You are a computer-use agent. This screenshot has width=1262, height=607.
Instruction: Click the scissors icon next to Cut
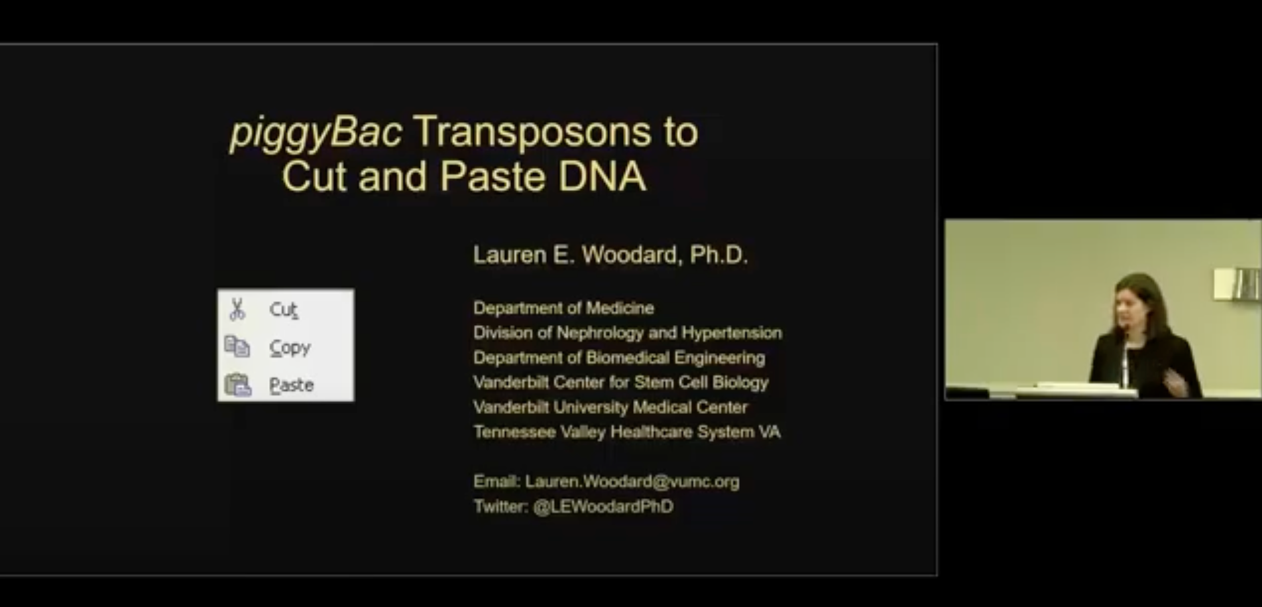click(237, 309)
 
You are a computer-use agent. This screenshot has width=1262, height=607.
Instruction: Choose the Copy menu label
click(290, 348)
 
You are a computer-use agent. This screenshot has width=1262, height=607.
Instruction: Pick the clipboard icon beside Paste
click(238, 385)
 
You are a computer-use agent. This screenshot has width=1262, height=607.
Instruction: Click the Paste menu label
click(291, 385)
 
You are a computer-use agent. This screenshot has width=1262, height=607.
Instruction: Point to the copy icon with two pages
click(237, 346)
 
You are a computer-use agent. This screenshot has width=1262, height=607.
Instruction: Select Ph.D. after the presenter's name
click(718, 255)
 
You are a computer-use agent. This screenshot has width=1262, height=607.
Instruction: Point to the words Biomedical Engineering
click(675, 358)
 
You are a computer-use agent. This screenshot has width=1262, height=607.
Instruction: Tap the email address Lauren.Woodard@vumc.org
click(632, 482)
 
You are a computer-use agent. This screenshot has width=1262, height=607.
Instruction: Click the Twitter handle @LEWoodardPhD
click(603, 507)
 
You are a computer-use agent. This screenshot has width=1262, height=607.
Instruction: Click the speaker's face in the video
click(1128, 308)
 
